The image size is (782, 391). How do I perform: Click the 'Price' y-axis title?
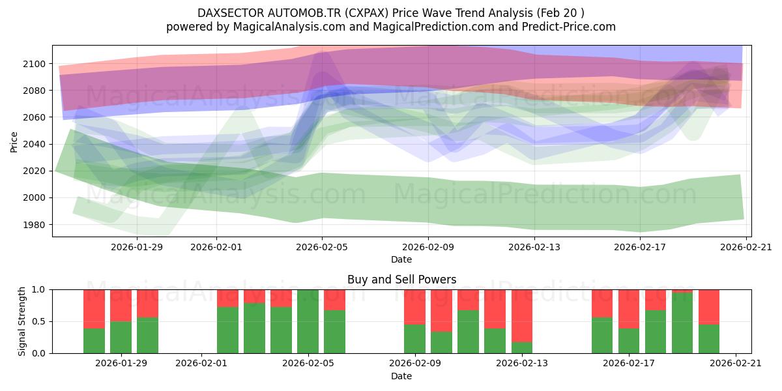pos(14,141)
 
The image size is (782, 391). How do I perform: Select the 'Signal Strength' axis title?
pos(22,321)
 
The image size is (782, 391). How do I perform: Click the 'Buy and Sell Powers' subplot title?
pos(401,280)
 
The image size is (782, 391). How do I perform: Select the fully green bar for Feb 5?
pos(308,321)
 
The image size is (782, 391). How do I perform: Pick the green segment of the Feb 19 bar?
pos(682,323)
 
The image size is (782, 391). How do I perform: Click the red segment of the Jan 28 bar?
pos(94,308)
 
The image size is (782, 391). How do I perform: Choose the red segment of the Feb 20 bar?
pos(709,306)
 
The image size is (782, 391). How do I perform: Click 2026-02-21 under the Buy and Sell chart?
pos(736,364)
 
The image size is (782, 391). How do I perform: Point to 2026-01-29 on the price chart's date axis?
pos(137,247)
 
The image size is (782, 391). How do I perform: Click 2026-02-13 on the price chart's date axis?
pos(534,247)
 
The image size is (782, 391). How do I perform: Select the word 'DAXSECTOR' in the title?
pos(228,13)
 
